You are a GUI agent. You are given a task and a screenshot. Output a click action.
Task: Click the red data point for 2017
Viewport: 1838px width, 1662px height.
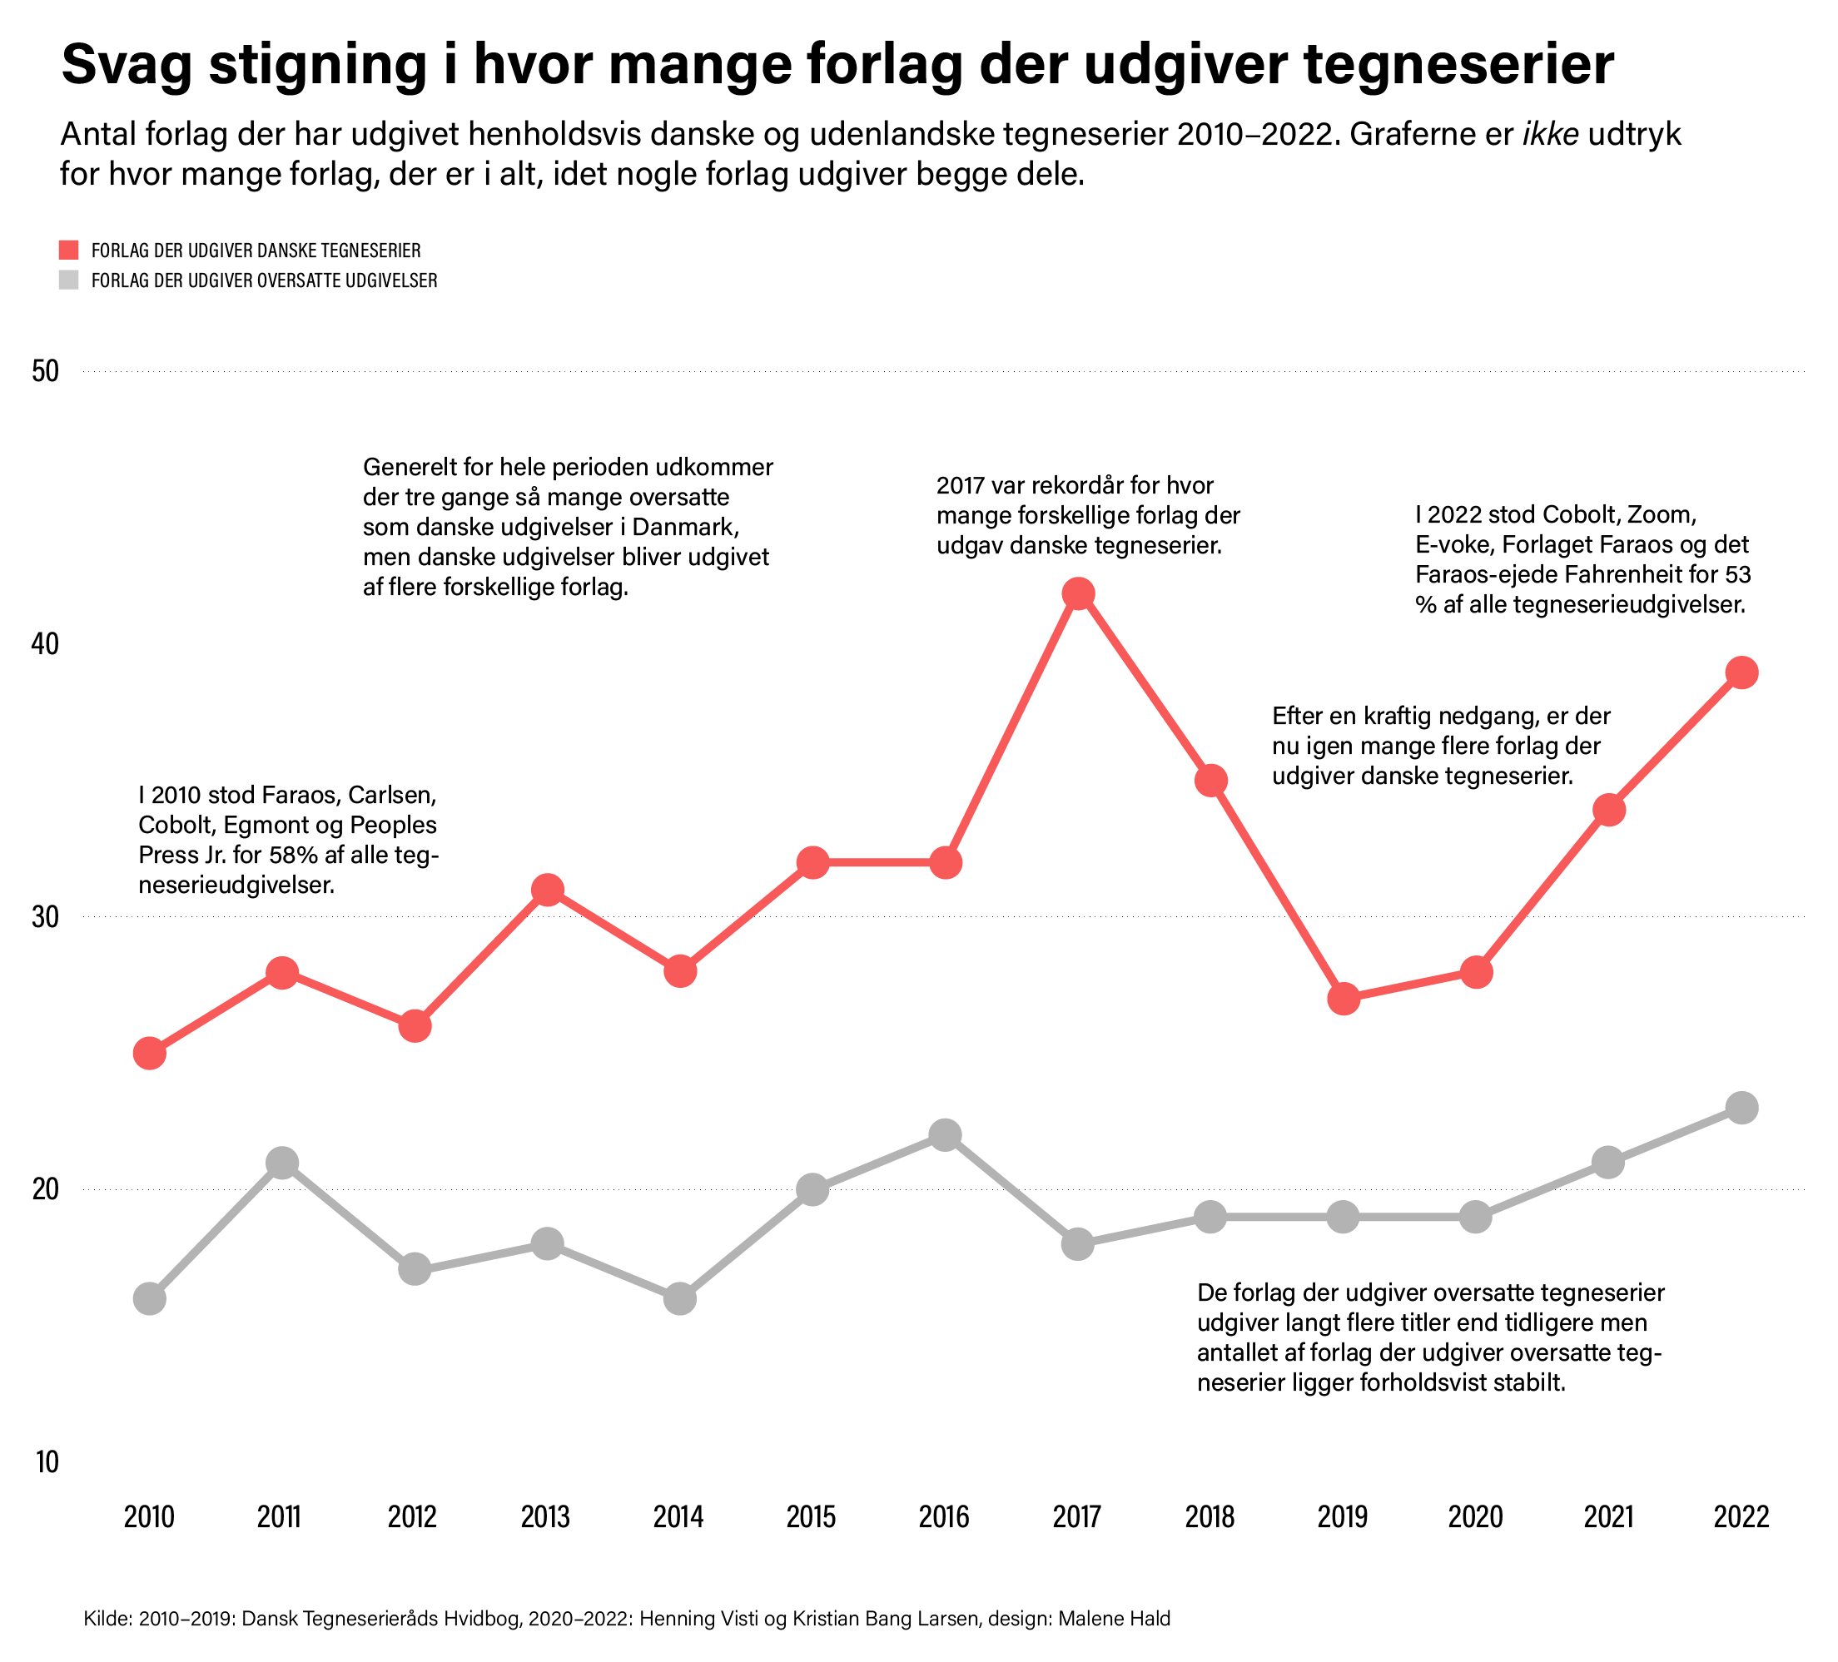[x=1078, y=594]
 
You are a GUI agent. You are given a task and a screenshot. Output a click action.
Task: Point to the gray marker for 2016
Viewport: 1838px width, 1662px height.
[x=946, y=1135]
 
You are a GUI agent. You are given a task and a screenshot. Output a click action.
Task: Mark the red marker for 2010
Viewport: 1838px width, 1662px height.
[x=150, y=1054]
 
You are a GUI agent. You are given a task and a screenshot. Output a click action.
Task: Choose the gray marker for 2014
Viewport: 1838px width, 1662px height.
[x=680, y=1298]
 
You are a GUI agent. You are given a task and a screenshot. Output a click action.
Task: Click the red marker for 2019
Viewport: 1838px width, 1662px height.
[x=1343, y=1000]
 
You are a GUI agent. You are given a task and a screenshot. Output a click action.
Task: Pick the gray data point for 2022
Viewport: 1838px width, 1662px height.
[x=1741, y=1109]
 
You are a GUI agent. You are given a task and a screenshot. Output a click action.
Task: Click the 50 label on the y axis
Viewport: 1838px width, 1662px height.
[x=45, y=372]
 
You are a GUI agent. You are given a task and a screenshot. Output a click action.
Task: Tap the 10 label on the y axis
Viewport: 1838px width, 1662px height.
[x=47, y=1461]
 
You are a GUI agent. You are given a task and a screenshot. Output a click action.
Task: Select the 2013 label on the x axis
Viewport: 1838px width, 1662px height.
[x=545, y=1517]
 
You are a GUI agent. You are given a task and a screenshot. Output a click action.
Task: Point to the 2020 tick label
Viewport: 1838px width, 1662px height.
[x=1475, y=1517]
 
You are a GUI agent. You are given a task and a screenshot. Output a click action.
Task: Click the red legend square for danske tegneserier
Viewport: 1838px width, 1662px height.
[x=69, y=251]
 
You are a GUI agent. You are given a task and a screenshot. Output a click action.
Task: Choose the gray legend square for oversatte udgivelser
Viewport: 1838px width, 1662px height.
[x=69, y=280]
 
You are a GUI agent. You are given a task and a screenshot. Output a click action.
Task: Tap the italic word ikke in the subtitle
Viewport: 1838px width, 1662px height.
[x=1551, y=135]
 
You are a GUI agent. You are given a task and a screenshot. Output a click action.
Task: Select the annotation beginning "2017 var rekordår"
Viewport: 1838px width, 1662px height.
[x=1088, y=516]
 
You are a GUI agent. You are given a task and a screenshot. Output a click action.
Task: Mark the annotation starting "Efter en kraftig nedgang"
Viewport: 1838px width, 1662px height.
[x=1440, y=746]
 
